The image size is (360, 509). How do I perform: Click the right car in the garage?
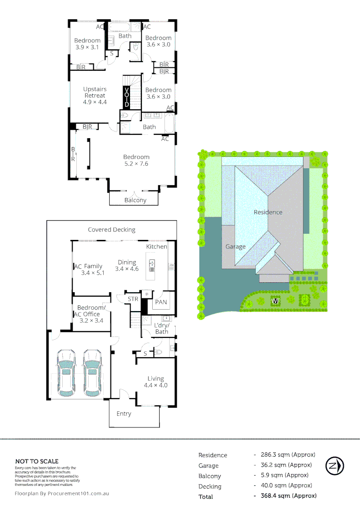92,373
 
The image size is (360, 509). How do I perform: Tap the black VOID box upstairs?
126,98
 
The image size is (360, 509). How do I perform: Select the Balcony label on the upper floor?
135,200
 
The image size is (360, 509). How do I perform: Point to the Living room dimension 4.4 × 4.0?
155,385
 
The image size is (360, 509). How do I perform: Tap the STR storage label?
133,299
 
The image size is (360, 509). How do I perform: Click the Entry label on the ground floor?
124,414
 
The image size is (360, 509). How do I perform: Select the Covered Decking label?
112,230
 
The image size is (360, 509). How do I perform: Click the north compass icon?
335,466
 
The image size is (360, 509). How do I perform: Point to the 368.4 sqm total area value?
285,496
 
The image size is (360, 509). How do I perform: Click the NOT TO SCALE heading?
37,461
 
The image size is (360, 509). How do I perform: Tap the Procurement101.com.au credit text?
62,493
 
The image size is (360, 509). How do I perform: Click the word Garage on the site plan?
235,246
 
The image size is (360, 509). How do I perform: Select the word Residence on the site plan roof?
268,212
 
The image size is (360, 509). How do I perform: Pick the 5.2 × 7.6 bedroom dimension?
136,164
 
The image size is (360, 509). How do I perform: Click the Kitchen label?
156,246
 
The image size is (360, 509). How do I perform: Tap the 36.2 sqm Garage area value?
284,465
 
